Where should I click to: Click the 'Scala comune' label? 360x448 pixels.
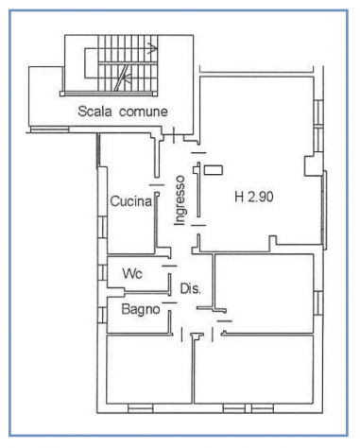(x=123, y=112)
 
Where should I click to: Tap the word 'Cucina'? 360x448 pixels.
(x=131, y=201)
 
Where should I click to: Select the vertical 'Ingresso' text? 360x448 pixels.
(x=180, y=200)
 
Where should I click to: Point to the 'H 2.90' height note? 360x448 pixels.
(x=254, y=197)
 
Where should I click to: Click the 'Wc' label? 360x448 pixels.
(x=132, y=274)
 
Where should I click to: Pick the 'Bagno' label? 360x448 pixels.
(x=141, y=309)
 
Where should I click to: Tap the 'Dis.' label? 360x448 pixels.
(x=190, y=288)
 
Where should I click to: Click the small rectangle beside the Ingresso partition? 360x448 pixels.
(x=214, y=170)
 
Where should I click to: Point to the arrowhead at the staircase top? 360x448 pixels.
(x=153, y=48)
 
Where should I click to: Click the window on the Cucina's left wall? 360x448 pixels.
(x=102, y=228)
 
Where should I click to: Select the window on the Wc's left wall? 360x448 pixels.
(x=102, y=272)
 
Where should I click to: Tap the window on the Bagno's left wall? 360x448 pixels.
(x=102, y=315)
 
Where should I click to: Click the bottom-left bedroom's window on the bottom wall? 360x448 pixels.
(x=141, y=408)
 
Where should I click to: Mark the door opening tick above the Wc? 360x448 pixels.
(x=169, y=266)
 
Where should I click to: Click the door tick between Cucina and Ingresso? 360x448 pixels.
(x=157, y=185)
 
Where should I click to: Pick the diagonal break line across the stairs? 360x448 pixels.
(x=121, y=78)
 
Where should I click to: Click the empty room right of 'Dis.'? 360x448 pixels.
(x=264, y=293)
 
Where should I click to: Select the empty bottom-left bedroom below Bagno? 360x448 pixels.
(x=149, y=370)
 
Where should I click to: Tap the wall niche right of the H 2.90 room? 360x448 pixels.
(x=314, y=165)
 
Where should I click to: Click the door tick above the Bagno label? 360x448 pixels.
(x=169, y=303)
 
